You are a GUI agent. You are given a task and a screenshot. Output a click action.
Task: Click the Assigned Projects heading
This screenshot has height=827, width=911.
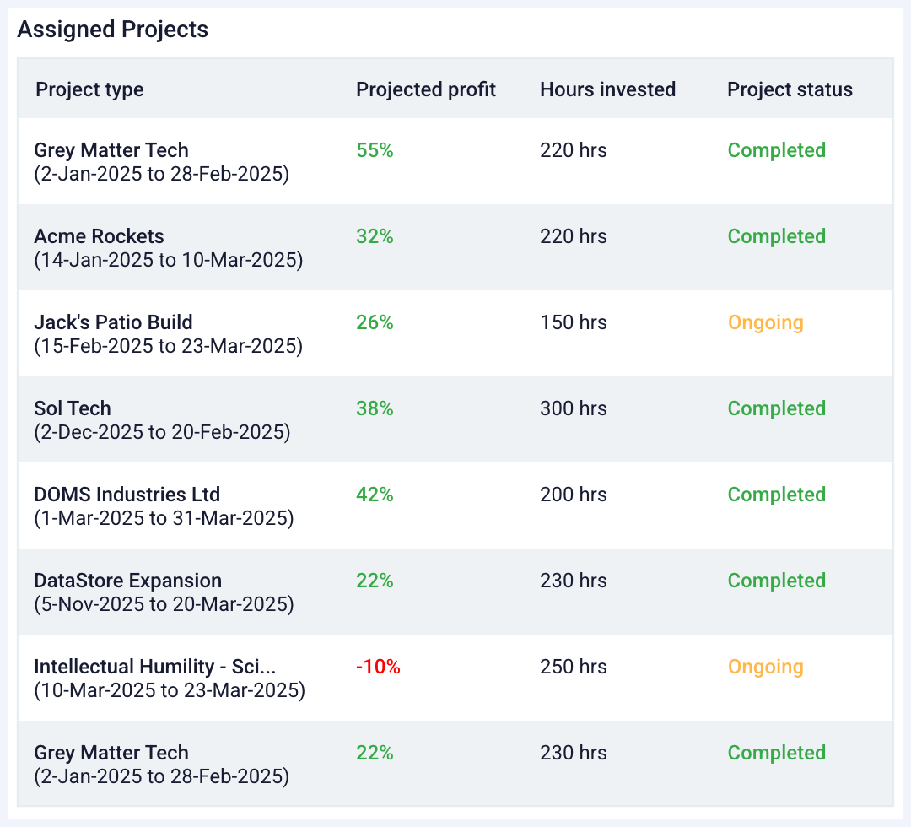(112, 30)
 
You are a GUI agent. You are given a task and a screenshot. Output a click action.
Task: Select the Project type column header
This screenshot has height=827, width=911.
(89, 89)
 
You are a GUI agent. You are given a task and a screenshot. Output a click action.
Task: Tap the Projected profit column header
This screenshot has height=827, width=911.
(426, 89)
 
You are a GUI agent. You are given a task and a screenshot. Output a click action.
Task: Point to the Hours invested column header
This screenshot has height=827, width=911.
(607, 89)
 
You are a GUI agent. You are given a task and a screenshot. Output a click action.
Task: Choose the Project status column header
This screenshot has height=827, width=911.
(790, 89)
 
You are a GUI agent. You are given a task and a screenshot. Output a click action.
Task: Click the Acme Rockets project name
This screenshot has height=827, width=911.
(99, 236)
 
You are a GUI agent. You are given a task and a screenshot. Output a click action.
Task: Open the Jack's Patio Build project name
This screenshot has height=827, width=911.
(113, 322)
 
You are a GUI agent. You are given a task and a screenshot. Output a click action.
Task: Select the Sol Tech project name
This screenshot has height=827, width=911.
(73, 408)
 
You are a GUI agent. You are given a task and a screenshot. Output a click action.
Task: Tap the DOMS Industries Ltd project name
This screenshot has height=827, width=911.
(127, 495)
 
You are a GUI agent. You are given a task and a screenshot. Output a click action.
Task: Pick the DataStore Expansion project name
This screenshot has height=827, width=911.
(127, 581)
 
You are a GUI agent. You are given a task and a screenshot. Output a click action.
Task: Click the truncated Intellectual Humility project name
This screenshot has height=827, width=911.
(154, 667)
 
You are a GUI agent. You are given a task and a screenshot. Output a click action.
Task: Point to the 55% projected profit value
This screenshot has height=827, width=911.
(375, 150)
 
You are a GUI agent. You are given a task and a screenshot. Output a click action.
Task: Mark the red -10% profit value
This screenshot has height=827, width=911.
(378, 667)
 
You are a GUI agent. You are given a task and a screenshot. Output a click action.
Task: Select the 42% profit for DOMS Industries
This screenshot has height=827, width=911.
(375, 495)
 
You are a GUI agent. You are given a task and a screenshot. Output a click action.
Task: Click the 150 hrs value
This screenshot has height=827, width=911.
(573, 322)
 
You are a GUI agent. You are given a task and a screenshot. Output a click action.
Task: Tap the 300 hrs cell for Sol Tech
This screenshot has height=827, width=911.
(573, 408)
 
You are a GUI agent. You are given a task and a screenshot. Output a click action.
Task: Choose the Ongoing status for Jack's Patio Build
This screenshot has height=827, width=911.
(765, 322)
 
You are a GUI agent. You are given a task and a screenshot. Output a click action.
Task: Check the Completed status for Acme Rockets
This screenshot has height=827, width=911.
(776, 236)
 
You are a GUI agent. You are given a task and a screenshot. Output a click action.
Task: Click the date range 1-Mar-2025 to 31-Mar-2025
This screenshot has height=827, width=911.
(164, 518)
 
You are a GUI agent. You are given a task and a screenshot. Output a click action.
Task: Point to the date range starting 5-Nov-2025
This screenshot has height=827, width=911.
(164, 604)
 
